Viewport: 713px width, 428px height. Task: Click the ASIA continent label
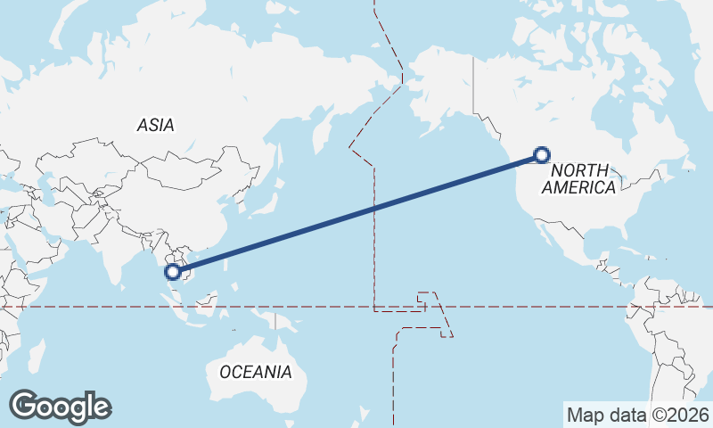(156, 126)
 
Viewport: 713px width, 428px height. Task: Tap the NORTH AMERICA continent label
(578, 178)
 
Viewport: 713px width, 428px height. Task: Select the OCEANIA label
(255, 372)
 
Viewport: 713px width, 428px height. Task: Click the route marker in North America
(541, 155)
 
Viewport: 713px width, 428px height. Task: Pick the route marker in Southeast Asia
(174, 271)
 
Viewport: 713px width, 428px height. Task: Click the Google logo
(60, 406)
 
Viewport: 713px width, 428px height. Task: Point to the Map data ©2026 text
(637, 415)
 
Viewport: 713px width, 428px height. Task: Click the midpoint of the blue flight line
(357, 213)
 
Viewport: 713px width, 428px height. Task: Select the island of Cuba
(629, 248)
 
